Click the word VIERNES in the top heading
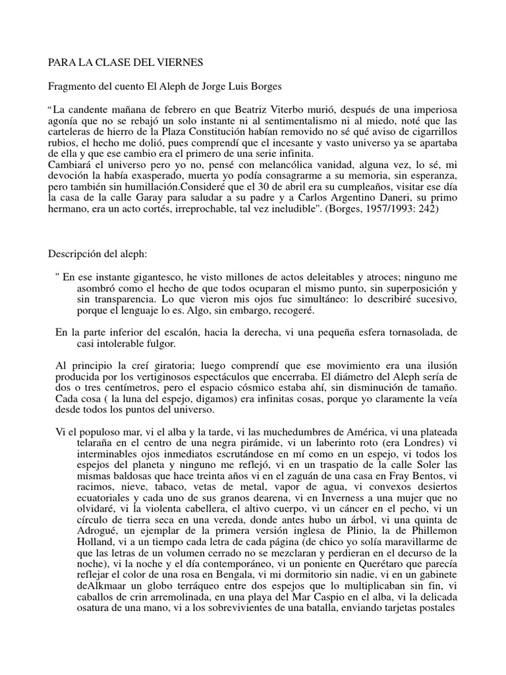(180, 62)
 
